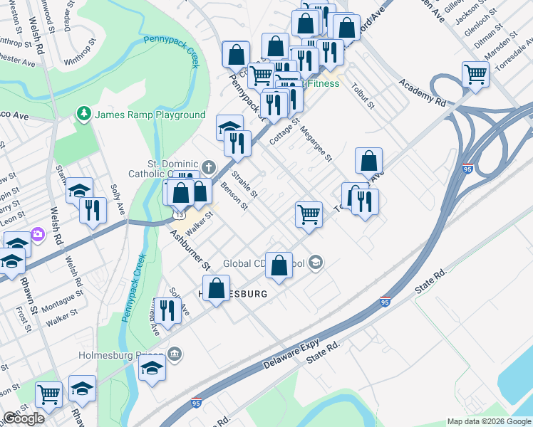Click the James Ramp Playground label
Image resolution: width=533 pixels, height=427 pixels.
tap(150, 115)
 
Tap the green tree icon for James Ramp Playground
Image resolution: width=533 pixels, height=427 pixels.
tap(84, 115)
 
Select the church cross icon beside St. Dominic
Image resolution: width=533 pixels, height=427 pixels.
tap(208, 168)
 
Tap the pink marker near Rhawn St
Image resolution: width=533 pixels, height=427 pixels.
tap(38, 236)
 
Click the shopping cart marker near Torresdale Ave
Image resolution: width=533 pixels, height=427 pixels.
tap(475, 73)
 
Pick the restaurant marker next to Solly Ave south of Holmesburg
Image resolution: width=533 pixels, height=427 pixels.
tap(167, 310)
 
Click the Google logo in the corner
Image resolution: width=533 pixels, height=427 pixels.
tap(23, 418)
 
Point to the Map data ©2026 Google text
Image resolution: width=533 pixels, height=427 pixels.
tap(488, 421)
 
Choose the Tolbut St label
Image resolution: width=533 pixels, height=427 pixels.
tap(363, 96)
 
